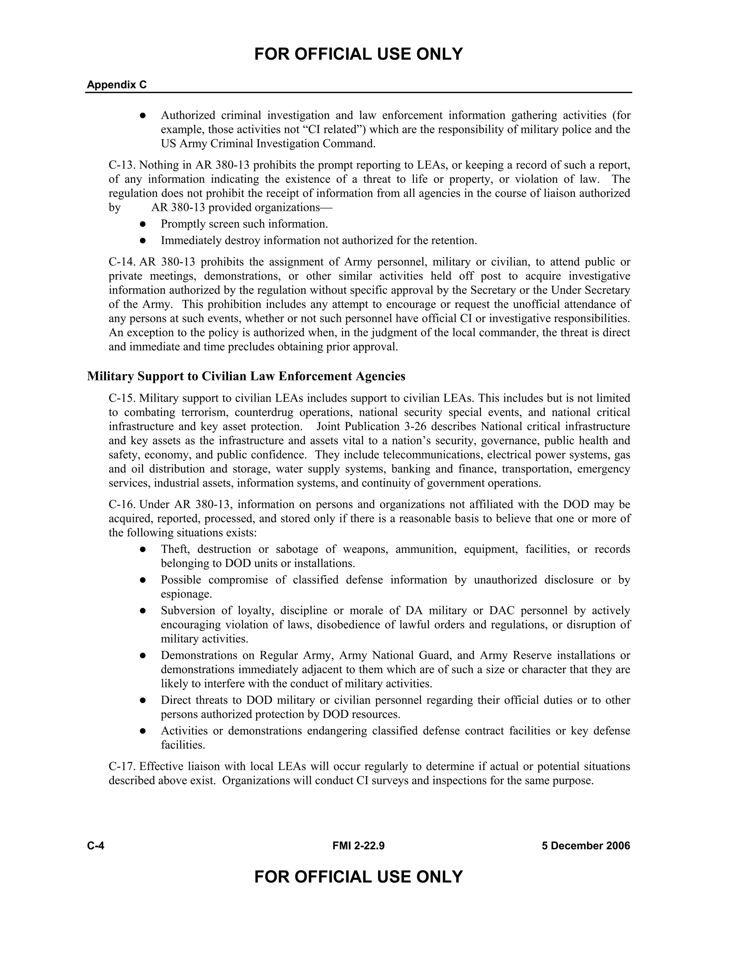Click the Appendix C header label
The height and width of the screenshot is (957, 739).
click(117, 85)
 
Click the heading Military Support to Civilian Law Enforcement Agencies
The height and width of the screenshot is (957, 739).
click(246, 376)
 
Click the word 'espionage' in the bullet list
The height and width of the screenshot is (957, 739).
click(186, 595)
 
